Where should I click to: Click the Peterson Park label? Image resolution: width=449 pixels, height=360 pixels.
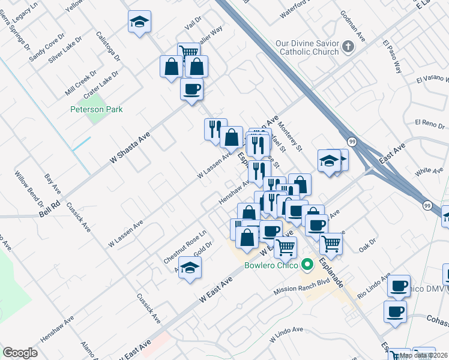click(x=97, y=109)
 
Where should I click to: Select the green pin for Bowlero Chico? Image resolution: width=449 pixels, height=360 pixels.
click(x=308, y=264)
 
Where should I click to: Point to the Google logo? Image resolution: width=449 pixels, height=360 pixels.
click(x=20, y=353)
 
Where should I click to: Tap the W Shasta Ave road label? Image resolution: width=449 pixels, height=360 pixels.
click(x=129, y=149)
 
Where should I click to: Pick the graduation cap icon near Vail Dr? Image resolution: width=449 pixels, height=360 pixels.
click(x=139, y=23)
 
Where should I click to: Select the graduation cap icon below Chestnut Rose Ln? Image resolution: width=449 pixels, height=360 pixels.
click(x=190, y=268)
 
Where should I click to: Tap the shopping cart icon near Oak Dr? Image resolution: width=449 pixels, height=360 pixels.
click(x=331, y=243)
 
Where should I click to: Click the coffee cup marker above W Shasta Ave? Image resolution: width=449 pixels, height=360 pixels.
click(x=191, y=89)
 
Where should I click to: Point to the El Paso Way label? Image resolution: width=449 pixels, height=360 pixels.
click(x=393, y=57)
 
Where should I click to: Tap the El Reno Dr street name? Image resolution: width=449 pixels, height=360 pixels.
click(x=429, y=123)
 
